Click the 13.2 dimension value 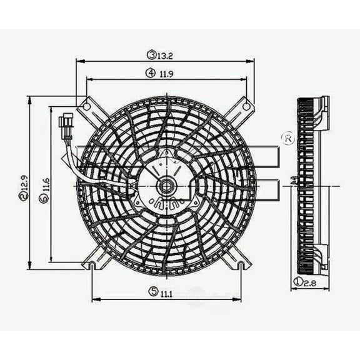(166, 55)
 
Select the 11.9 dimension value (166, 73)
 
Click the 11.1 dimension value (166, 291)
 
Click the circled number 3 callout (151, 55)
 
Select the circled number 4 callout (151, 73)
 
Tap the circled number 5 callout (152, 291)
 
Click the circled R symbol (288, 139)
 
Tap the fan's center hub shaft (166, 185)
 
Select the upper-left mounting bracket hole (88, 106)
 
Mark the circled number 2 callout (23, 196)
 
